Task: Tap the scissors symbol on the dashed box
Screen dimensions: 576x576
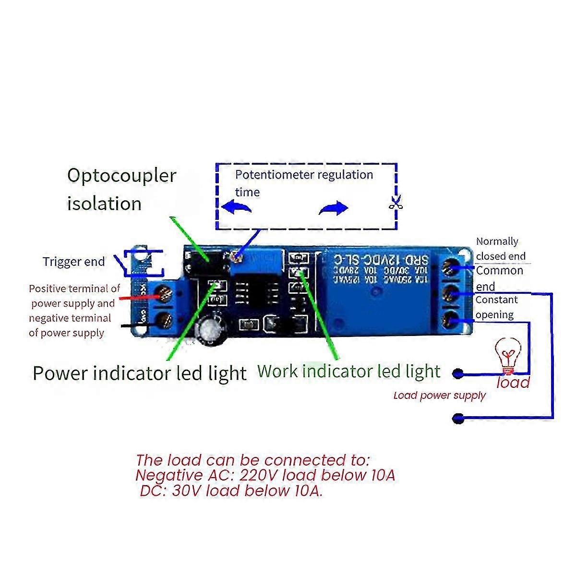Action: (x=395, y=204)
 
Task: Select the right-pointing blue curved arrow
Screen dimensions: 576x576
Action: (x=334, y=208)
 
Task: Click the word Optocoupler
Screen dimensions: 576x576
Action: (x=121, y=176)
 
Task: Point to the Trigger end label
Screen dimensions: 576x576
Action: (x=73, y=262)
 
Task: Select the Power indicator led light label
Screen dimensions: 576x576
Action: (x=139, y=373)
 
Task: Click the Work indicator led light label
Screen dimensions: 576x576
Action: (x=348, y=371)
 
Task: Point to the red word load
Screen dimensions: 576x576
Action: (x=513, y=383)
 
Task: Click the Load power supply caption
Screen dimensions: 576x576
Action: (x=439, y=396)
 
